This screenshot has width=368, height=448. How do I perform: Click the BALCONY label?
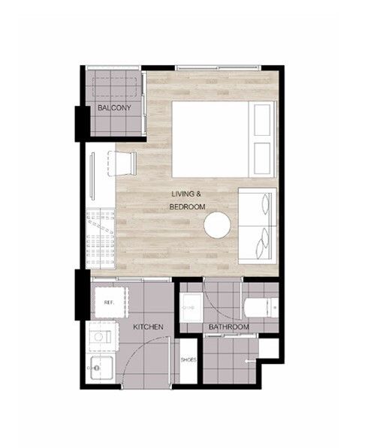(x=114, y=108)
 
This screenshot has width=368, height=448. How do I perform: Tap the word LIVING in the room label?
(x=183, y=194)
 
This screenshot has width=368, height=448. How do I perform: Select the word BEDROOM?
(x=187, y=206)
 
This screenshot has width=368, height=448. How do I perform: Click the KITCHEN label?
(x=148, y=327)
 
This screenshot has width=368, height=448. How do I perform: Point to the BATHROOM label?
(x=229, y=327)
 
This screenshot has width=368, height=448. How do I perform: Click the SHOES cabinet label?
(x=189, y=359)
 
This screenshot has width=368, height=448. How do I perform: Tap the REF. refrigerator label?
(x=109, y=302)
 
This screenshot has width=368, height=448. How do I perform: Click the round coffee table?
(x=217, y=225)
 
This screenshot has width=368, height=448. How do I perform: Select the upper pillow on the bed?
(x=262, y=120)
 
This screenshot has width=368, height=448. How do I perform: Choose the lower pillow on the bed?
(x=262, y=158)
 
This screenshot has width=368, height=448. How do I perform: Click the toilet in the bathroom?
(x=261, y=308)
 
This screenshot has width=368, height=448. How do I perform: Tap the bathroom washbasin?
(x=192, y=308)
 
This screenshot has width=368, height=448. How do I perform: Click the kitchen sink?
(x=101, y=368)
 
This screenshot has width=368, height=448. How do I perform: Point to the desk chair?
(x=122, y=164)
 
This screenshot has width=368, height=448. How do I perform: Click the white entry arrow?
(x=250, y=362)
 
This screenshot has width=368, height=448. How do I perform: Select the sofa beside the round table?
(x=258, y=226)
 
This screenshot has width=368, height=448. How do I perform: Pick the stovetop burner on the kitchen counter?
(x=98, y=337)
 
